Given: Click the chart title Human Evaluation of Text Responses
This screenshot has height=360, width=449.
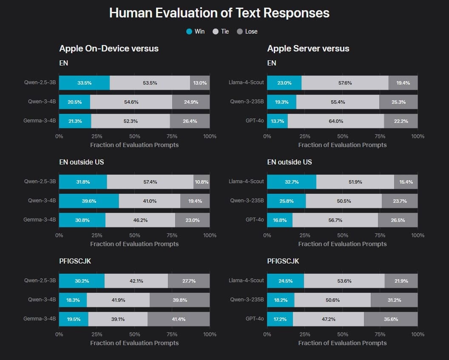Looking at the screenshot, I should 219,13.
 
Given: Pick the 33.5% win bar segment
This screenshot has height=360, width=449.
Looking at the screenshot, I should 84,83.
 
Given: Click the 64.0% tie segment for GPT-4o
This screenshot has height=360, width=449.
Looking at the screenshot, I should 335,121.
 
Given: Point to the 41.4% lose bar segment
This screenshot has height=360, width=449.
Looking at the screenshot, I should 179,319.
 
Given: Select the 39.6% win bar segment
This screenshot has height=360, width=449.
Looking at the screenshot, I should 89,201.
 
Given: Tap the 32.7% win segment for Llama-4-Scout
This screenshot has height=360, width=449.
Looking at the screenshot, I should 292,181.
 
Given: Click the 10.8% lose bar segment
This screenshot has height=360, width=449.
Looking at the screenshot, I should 202,181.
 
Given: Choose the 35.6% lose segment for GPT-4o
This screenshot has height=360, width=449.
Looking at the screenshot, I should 391,319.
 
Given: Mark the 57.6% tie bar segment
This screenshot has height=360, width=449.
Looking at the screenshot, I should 345,83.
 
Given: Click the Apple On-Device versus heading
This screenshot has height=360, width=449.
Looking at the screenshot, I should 109,48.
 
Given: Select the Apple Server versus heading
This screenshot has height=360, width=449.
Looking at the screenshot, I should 308,48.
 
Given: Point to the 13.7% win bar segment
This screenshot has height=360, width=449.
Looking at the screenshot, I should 277,121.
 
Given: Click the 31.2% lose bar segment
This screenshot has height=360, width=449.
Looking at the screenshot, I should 394,300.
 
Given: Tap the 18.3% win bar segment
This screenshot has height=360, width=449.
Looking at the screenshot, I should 73,300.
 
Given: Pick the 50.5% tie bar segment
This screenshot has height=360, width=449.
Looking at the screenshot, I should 344,201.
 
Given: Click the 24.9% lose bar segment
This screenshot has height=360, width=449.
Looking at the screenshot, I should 191,102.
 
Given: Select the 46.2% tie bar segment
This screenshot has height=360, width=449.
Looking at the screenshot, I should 140,220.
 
